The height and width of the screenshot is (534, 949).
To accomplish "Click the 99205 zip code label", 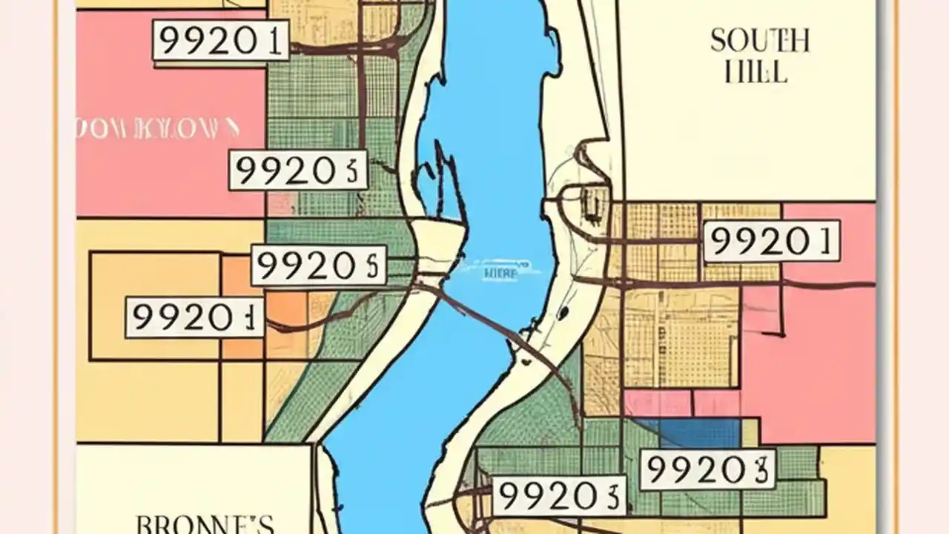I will (318, 266).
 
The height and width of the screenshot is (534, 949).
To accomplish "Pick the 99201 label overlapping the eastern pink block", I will (771, 241).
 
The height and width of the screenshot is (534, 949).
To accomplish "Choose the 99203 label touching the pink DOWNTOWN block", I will (297, 170).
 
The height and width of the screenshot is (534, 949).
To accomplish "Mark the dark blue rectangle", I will (689, 433).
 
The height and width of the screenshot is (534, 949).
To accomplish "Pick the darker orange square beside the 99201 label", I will (286, 311).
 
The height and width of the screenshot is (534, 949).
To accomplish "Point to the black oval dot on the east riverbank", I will (563, 314).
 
